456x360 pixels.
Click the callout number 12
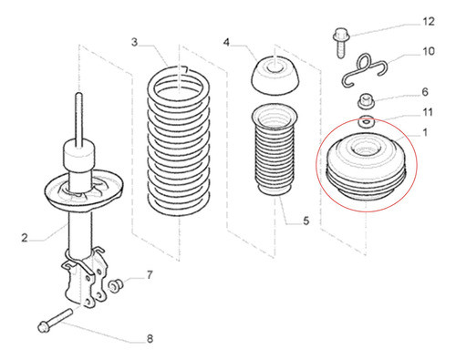(x=429, y=22)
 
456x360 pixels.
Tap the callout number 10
(x=429, y=51)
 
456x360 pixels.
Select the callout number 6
(x=425, y=92)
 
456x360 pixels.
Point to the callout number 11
(x=428, y=112)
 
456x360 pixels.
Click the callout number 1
(x=425, y=132)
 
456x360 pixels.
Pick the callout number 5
(x=306, y=221)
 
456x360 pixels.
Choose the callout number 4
(x=226, y=42)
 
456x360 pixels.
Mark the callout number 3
(x=134, y=42)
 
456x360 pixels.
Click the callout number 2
(x=25, y=237)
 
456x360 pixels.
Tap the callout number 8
(x=150, y=339)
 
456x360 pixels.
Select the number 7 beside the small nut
(x=150, y=275)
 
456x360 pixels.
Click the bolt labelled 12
(x=341, y=43)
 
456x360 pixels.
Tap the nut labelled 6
(x=365, y=101)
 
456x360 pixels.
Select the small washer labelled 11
(x=366, y=122)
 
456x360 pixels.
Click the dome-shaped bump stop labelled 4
(x=275, y=75)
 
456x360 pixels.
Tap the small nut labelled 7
(x=116, y=285)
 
